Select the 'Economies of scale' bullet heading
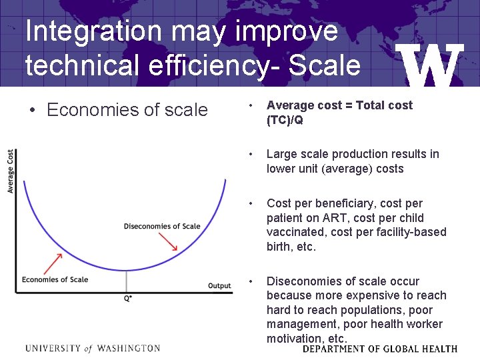(127, 110)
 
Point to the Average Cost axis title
(11, 171)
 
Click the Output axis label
(219, 286)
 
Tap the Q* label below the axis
(127, 299)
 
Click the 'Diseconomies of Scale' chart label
(162, 227)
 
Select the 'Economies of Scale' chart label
(55, 279)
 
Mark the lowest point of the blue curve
(127, 270)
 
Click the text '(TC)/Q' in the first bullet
(285, 120)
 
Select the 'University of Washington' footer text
(93, 348)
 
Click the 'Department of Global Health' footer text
(380, 349)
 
